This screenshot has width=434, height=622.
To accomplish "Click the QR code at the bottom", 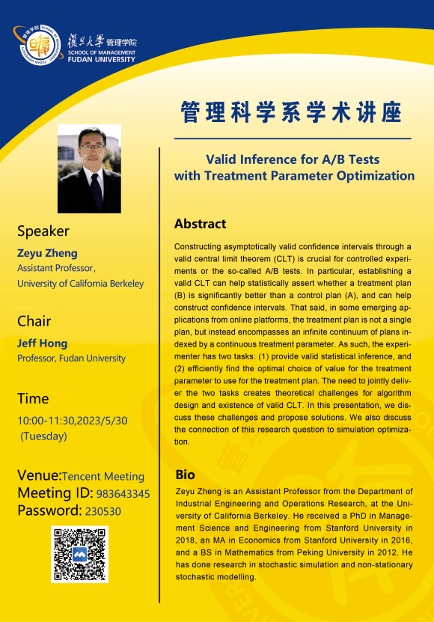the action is pyautogui.click(x=80, y=554).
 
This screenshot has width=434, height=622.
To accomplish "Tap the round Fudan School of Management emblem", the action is pyautogui.click(x=39, y=44).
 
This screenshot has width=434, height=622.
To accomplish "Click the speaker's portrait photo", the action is pyautogui.click(x=89, y=168).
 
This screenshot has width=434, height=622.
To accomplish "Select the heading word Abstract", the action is pyautogui.click(x=200, y=224).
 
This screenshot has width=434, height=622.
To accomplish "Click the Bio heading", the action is pyautogui.click(x=186, y=475).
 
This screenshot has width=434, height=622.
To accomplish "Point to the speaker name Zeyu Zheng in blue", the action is pyautogui.click(x=47, y=253).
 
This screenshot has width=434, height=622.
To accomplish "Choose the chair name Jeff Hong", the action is pyautogui.click(x=42, y=343).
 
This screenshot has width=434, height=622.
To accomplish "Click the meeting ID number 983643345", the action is pyautogui.click(x=123, y=494).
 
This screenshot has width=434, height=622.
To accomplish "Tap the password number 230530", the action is pyautogui.click(x=103, y=511).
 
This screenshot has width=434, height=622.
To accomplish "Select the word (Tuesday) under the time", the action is pyautogui.click(x=43, y=436).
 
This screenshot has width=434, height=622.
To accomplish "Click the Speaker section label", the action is pyautogui.click(x=43, y=231).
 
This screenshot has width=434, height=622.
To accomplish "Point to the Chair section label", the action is pyautogui.click(x=34, y=321).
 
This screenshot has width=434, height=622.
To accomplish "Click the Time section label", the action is pyautogui.click(x=33, y=398).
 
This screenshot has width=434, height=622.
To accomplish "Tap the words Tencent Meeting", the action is pyautogui.click(x=103, y=476).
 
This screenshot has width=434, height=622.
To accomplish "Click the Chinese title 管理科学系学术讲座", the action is pyautogui.click(x=292, y=112).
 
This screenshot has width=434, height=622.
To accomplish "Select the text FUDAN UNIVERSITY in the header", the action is pyautogui.click(x=102, y=59).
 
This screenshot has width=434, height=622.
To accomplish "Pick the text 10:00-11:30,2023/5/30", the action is pyautogui.click(x=72, y=421).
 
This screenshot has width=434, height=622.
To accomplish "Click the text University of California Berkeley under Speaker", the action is pyautogui.click(x=81, y=284).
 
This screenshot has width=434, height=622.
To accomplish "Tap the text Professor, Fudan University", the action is pyautogui.click(x=71, y=359).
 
